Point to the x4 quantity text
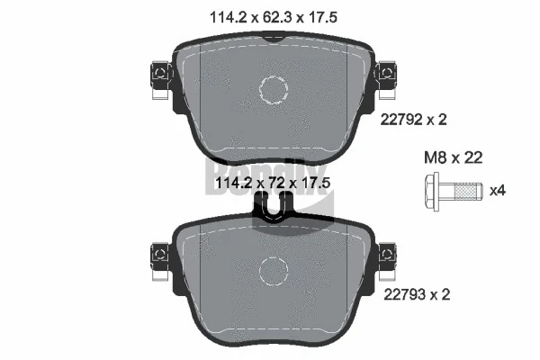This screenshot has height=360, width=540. tap(496, 190)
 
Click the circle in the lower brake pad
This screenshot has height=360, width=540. tap(272, 269)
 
